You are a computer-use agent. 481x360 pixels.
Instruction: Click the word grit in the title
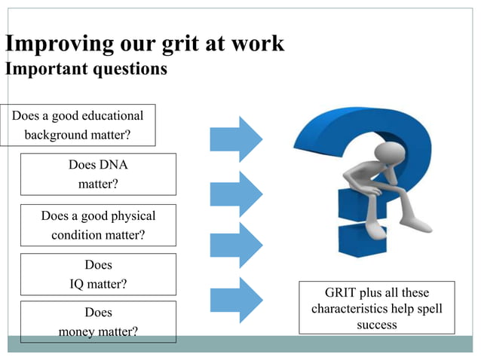pos(180,44)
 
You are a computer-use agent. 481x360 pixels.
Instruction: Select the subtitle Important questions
pos(86,69)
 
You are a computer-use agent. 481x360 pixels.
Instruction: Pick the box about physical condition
pos(98,225)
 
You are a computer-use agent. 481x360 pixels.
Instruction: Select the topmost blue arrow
pos(236,139)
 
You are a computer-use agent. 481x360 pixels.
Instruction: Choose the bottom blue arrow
pos(236,300)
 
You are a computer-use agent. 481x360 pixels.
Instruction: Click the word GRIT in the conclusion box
pos(341,292)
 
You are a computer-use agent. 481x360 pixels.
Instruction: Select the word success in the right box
pos(376,325)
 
